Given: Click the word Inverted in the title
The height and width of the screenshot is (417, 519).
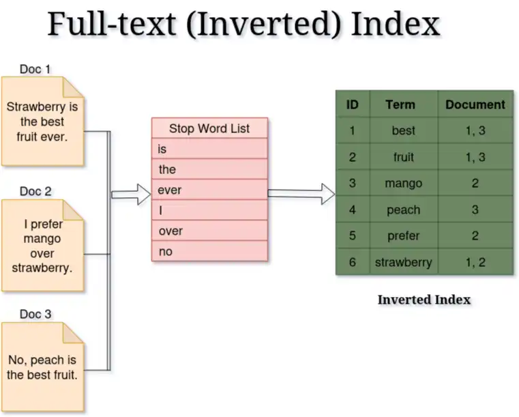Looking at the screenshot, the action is coord(263,24).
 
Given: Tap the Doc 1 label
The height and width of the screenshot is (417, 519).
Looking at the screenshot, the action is coord(35,69).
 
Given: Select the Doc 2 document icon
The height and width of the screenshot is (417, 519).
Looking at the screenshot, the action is coord(43,246).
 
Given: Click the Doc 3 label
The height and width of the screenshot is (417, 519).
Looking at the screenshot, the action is coord(35,314).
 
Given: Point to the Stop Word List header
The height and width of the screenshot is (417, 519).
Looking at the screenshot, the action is coord(209,128).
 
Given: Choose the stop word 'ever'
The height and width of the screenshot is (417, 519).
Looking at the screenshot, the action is coord(169,190).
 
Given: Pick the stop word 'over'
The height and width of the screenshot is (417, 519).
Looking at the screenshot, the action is coord(170,231).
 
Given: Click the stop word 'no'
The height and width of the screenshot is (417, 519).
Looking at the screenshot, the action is coord(166,251).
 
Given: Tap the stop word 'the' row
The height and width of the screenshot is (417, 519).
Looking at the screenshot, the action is coord(209,169).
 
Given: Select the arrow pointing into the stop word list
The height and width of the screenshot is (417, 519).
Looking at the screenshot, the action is coord(131,194).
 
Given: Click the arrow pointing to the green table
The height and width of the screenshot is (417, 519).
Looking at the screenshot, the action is coord(301,194).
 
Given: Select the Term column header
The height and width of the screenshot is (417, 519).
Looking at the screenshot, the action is coord(400,104).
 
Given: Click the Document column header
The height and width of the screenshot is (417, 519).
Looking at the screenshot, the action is coord(475,104).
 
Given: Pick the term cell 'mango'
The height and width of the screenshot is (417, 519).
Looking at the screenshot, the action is coord(404,183).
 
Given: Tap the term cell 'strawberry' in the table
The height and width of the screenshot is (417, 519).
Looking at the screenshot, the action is coord(404,262).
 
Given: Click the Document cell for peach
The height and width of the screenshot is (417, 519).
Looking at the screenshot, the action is coord(475,210).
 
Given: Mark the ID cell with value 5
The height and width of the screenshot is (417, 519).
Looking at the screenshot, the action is coord(353,235).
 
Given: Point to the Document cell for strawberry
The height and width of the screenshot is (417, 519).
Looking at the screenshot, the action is coord(475,262).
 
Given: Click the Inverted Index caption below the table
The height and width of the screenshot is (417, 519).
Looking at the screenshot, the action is coord(424,300).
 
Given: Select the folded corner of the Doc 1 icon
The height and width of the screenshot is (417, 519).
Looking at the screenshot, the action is coord(73,87).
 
